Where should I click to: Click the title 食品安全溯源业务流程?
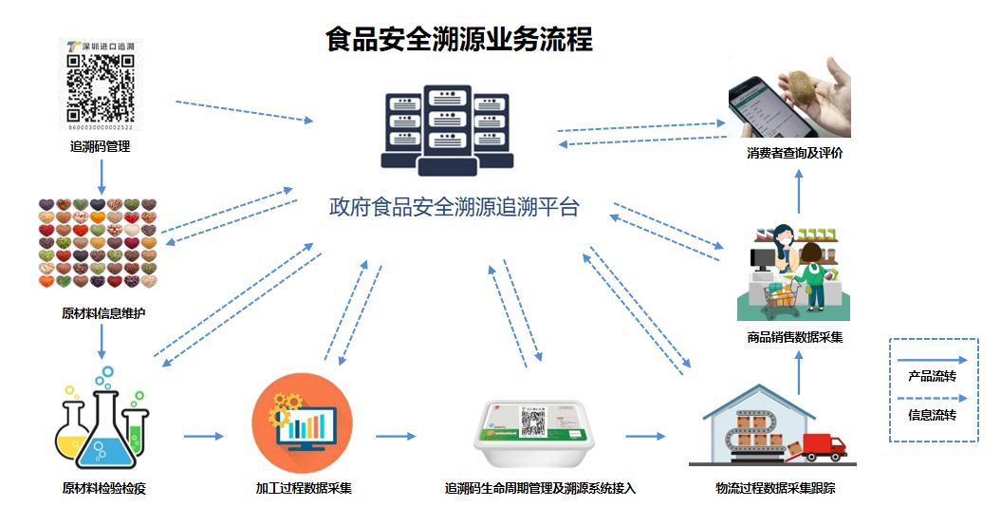[x=458, y=40]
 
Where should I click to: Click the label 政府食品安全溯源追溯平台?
[x=454, y=207]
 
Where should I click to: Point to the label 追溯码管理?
[x=100, y=147]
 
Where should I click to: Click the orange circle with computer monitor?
[x=302, y=423]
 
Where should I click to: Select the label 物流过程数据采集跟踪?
[x=775, y=489]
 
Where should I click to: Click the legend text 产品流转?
[x=932, y=376]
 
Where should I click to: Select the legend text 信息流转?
[x=932, y=415]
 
